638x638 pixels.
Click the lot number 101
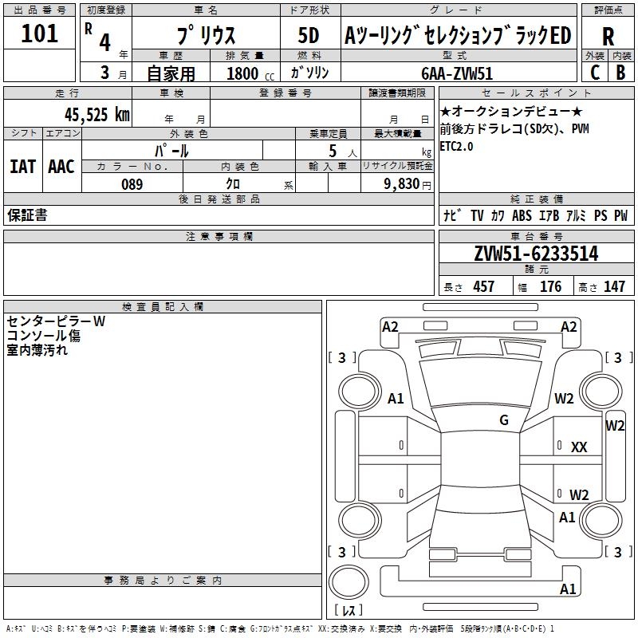click(39, 34)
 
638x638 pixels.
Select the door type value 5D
click(308, 36)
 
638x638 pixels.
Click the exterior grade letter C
click(594, 73)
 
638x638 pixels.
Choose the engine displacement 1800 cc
click(242, 73)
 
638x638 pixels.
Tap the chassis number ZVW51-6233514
click(536, 254)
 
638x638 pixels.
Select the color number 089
click(132, 184)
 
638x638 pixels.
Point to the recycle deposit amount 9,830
click(403, 184)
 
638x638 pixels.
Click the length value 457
click(484, 286)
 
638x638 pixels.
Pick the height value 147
click(614, 286)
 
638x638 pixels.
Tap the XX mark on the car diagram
click(579, 447)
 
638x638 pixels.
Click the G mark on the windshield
click(504, 420)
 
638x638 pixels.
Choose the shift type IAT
click(22, 166)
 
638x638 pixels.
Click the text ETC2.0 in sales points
click(456, 147)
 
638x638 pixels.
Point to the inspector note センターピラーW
click(56, 321)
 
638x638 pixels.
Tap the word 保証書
click(27, 215)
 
